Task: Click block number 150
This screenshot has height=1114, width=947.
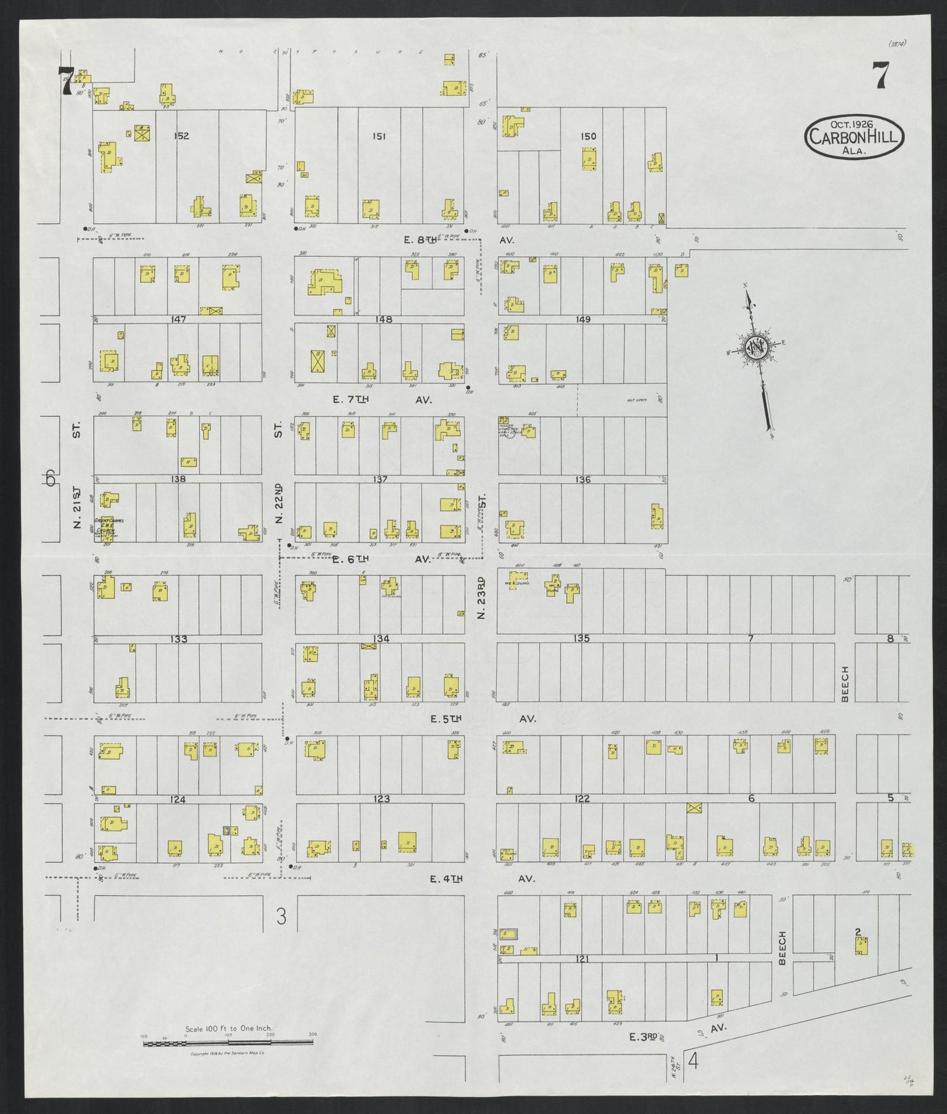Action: [x=589, y=136]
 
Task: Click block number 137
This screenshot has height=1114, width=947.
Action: [x=380, y=479]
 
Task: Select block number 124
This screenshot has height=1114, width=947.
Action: [x=179, y=799]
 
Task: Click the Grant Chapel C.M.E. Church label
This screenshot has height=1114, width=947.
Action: [x=106, y=525]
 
